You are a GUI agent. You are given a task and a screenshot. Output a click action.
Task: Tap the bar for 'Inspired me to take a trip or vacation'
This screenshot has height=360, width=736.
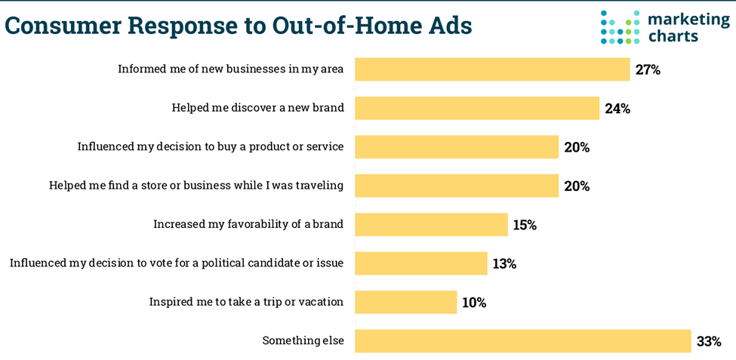pyautogui.click(x=405, y=302)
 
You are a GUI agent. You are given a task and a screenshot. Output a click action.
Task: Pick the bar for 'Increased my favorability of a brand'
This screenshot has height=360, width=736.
pyautogui.click(x=431, y=224)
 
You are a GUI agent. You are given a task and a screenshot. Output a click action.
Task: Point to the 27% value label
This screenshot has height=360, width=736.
pyautogui.click(x=648, y=70)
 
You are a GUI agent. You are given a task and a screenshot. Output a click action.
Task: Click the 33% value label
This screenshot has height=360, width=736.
pyautogui.click(x=709, y=341)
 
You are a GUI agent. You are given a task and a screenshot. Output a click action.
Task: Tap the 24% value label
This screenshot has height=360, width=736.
pyautogui.click(x=617, y=109)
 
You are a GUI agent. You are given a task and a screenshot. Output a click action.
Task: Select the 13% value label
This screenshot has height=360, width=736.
pyautogui.click(x=504, y=263)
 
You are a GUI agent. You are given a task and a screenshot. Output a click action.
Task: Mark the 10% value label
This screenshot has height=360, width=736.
pyautogui.click(x=474, y=303)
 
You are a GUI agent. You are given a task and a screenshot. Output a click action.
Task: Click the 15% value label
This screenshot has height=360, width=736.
pyautogui.click(x=524, y=225)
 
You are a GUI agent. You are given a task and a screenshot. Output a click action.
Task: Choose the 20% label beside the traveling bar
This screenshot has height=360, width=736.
pyautogui.click(x=576, y=186)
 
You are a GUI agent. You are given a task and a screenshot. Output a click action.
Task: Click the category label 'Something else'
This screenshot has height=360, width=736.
pyautogui.click(x=303, y=340)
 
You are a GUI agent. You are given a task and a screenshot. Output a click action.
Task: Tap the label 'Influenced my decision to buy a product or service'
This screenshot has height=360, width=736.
pyautogui.click(x=211, y=146)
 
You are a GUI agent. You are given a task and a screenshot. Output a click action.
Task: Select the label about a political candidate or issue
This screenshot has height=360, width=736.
pyautogui.click(x=177, y=263)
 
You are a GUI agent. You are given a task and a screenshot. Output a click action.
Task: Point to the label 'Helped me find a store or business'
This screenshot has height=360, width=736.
pyautogui.click(x=196, y=185)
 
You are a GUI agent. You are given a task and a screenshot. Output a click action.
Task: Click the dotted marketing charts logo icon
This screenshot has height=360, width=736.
pyautogui.click(x=620, y=27)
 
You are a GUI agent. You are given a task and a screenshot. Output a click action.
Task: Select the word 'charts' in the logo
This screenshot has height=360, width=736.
pyautogui.click(x=673, y=35)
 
